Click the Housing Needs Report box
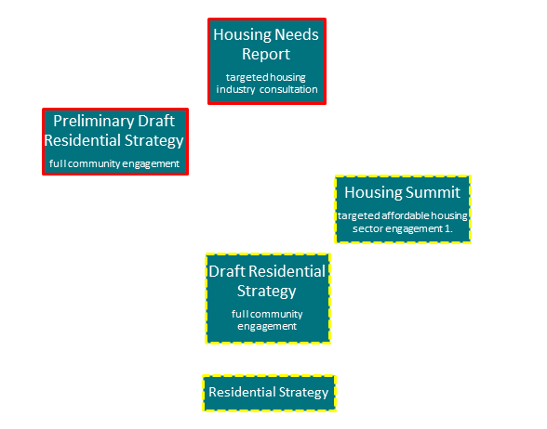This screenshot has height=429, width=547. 267,61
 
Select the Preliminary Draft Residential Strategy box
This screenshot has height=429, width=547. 115,141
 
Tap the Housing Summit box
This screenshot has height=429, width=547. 403,209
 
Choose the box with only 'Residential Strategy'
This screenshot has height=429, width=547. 269,393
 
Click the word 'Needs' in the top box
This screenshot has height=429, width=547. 297,34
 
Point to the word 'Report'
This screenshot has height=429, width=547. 266,54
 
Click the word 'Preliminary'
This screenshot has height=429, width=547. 93,122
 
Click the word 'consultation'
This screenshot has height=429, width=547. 288,89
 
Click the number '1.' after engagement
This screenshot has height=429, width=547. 448,228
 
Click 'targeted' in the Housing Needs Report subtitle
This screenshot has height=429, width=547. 243,77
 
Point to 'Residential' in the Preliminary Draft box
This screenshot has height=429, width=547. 83,140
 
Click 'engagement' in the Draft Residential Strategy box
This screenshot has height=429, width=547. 267,327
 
